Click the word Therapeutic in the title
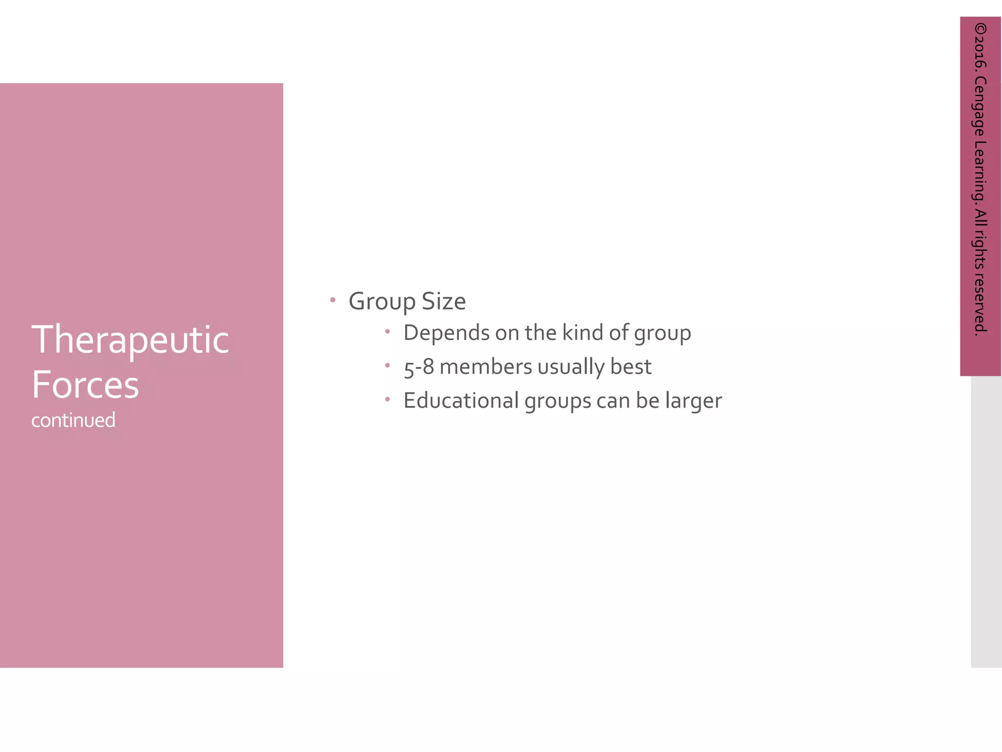[x=130, y=340]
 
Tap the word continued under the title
[x=73, y=420]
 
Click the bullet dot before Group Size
[x=333, y=300]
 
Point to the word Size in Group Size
[x=444, y=301]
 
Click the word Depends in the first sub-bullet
[x=446, y=333]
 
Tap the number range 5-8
[x=419, y=367]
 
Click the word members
[x=485, y=367]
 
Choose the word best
[x=631, y=367]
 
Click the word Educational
[x=461, y=400]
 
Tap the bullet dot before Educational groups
[x=387, y=399]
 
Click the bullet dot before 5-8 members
[x=387, y=365]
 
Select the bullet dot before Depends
[x=387, y=331]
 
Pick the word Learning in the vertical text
[x=980, y=171]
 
